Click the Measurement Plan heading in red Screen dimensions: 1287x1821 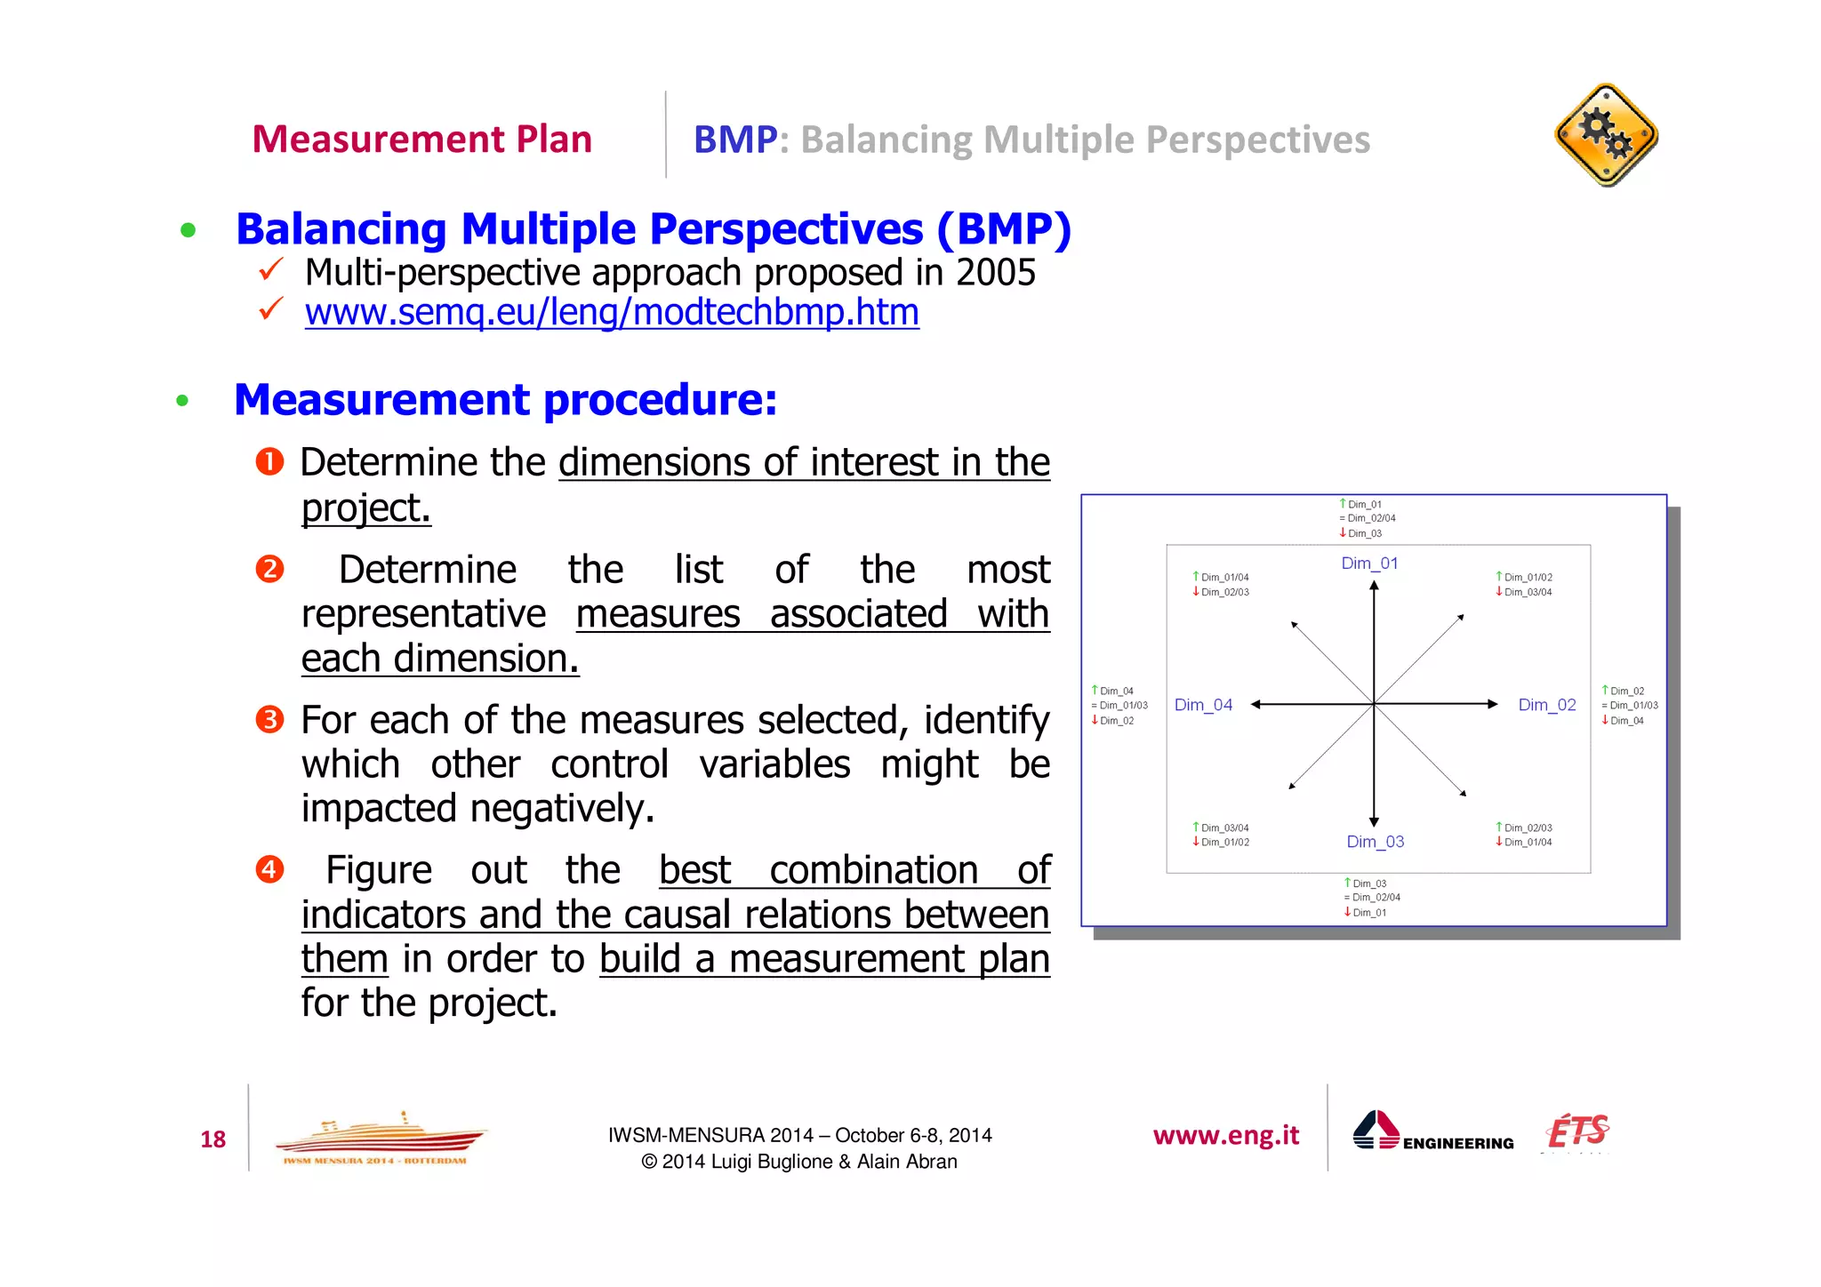421,140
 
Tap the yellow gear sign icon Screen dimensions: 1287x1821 1606,135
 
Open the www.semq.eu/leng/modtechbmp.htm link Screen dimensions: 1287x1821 612,313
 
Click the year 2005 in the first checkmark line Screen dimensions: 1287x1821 995,273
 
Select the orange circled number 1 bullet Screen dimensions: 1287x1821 269,462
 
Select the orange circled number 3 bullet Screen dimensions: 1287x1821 269,719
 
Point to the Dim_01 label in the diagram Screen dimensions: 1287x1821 1369,564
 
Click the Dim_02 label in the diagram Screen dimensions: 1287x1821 1546,705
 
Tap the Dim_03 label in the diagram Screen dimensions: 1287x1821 1375,842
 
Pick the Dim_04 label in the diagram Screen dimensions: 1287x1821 1203,705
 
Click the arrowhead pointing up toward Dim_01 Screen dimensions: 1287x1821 1374,586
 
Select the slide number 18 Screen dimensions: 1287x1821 213,1139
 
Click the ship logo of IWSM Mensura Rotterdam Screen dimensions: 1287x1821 381,1139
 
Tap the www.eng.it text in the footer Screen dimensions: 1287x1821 1225,1136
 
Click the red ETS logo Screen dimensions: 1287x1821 1578,1131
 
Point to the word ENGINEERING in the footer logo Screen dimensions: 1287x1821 1458,1143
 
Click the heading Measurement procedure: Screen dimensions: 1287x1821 505,400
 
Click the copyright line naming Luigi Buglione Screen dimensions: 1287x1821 798,1162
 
